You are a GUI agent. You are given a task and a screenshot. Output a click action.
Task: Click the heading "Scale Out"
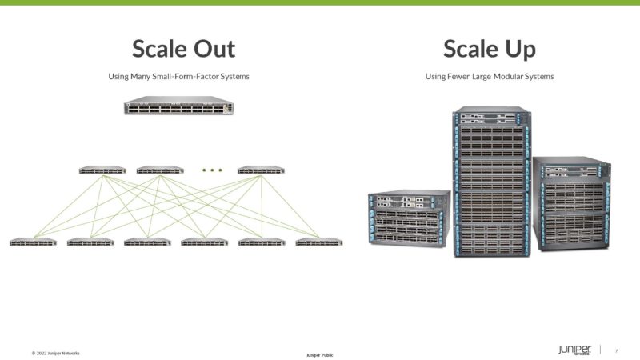[183, 49]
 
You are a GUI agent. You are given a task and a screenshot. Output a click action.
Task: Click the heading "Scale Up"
[490, 49]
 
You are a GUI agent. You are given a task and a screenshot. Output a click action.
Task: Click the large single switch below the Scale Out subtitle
[178, 106]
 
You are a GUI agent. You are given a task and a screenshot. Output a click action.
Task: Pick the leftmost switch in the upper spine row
[102, 170]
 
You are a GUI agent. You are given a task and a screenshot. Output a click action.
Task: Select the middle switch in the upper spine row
[160, 170]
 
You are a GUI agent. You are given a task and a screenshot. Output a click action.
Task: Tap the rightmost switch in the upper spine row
[261, 170]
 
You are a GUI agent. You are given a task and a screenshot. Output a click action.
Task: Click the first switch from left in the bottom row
[33, 242]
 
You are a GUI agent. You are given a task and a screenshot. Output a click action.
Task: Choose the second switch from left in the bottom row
[90, 242]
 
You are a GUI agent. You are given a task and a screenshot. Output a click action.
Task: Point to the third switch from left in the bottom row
[147, 242]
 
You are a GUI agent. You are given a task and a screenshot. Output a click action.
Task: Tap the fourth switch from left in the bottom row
[205, 242]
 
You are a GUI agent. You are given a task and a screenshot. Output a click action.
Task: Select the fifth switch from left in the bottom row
[262, 242]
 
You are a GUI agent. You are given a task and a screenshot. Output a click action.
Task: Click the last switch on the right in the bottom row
[318, 242]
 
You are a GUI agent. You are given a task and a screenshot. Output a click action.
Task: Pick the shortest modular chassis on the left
[409, 218]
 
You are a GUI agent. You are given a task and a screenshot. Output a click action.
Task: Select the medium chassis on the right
[571, 203]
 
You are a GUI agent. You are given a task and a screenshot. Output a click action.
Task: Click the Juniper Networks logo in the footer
[575, 350]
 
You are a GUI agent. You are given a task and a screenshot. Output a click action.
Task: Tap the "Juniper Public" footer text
[320, 354]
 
